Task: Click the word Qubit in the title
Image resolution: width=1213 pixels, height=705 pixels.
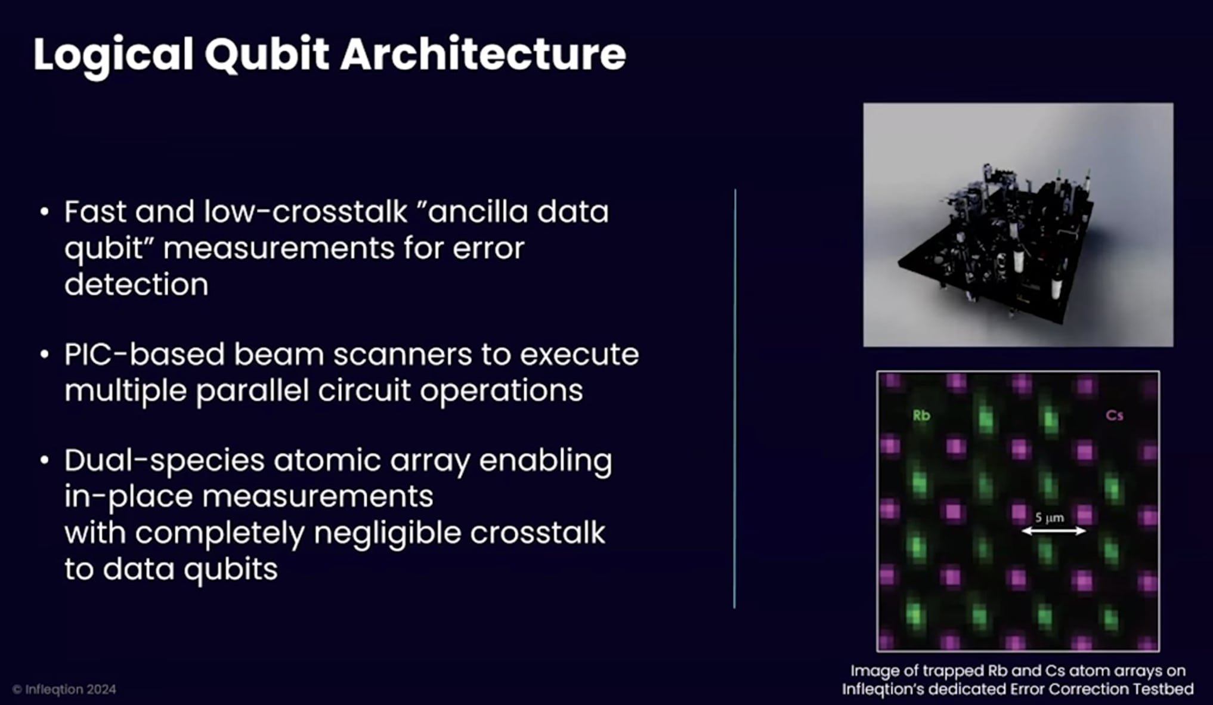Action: pyautogui.click(x=267, y=55)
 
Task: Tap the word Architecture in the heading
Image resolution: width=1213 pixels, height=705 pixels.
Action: pyautogui.click(x=483, y=54)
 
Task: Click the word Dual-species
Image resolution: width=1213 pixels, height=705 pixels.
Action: pyautogui.click(x=164, y=461)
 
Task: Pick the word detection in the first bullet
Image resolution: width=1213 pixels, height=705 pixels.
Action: pyautogui.click(x=136, y=285)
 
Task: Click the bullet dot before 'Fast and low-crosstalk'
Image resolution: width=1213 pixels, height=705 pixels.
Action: pyautogui.click(x=44, y=212)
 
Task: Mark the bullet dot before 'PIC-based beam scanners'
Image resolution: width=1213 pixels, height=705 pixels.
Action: pyautogui.click(x=44, y=354)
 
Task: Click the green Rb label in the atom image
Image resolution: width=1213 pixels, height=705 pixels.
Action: pyautogui.click(x=921, y=416)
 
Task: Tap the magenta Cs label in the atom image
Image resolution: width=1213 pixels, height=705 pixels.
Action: pyautogui.click(x=1114, y=416)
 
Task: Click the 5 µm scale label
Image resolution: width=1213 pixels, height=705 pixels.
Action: pyautogui.click(x=1049, y=517)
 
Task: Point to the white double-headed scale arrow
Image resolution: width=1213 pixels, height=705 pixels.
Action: pyautogui.click(x=1053, y=531)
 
